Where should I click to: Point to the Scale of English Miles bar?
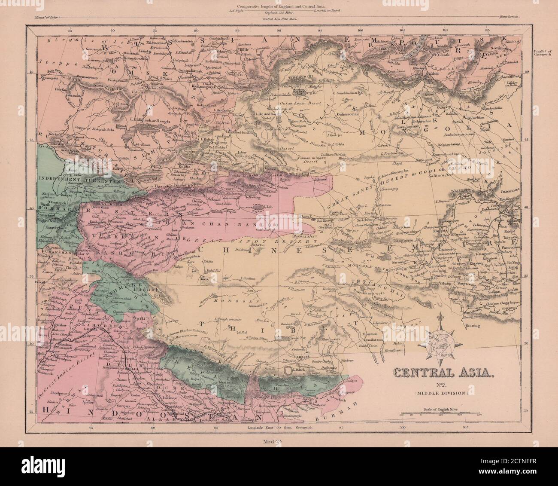pyautogui.click(x=440, y=413)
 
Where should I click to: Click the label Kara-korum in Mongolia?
pyautogui.click(x=405, y=127)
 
